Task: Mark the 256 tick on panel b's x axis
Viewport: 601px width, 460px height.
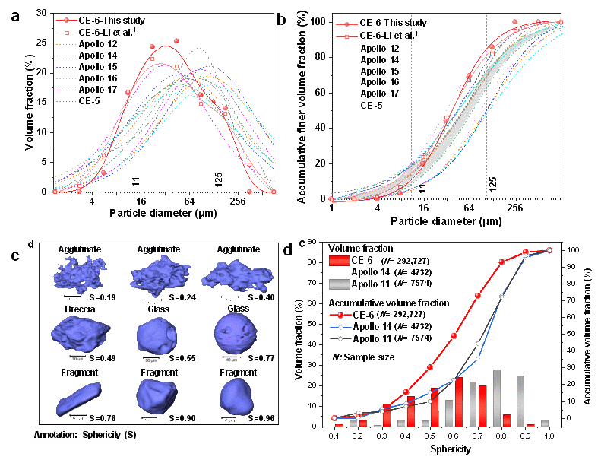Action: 515,207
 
